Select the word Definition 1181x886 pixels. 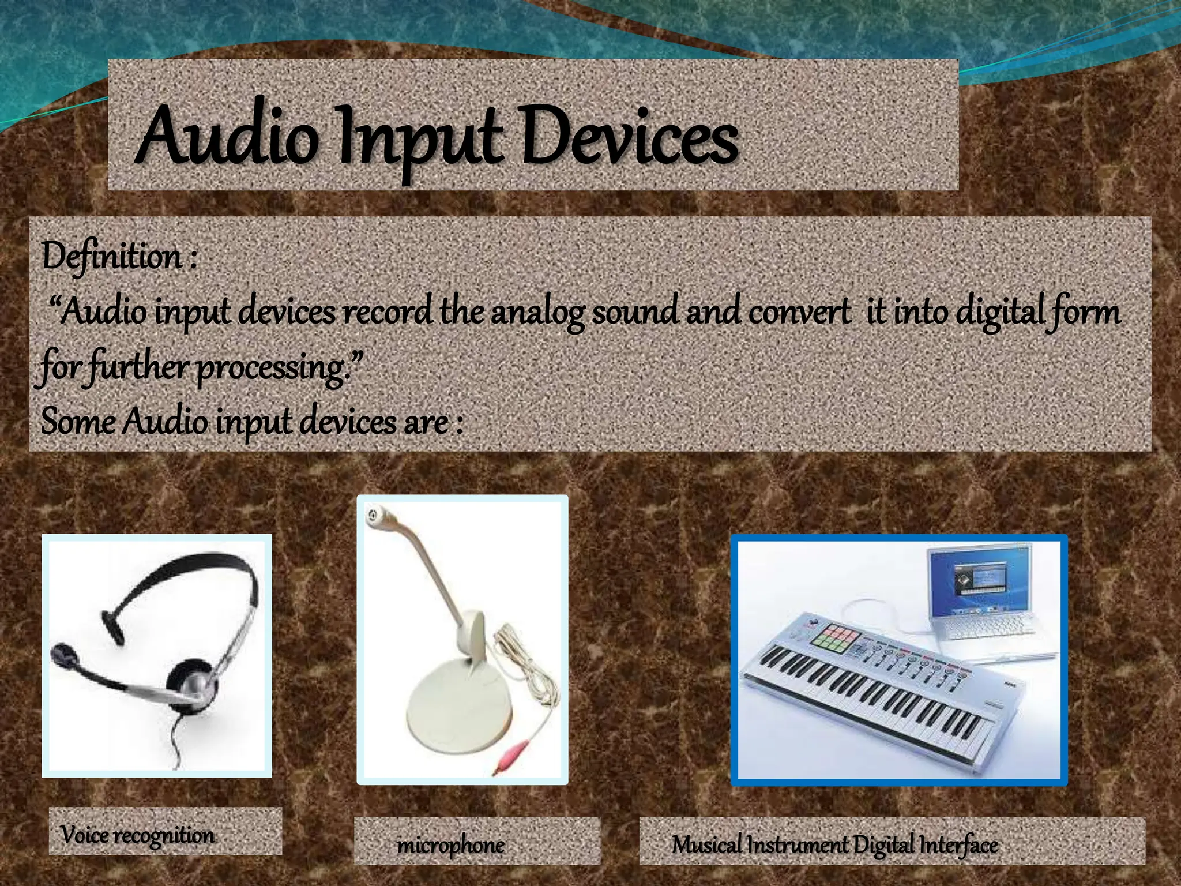(112, 257)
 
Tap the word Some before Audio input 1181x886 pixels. (78, 421)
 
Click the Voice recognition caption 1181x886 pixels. (137, 835)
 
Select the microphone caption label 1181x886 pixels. (451, 846)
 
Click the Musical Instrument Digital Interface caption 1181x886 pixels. (834, 846)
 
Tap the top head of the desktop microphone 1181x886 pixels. (377, 513)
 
